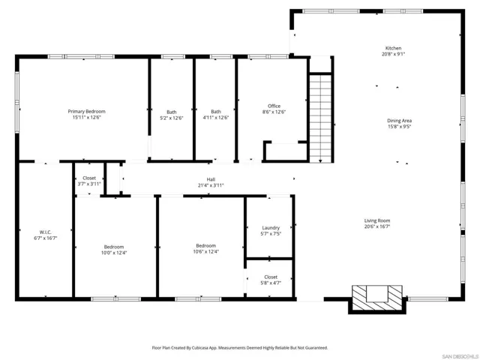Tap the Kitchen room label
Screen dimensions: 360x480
tap(393, 47)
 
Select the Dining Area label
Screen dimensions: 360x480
tap(399, 120)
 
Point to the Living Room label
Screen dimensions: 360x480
tap(377, 220)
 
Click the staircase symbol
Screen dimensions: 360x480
tap(320, 117)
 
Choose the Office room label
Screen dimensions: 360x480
tap(274, 106)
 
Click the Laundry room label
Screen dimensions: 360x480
tap(271, 228)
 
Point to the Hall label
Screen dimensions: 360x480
tap(211, 179)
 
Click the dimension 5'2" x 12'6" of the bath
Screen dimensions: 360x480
tap(172, 118)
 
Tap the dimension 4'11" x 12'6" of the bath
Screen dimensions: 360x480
tap(216, 118)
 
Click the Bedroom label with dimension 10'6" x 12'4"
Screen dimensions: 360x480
tap(206, 246)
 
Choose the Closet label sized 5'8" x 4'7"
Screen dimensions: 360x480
tap(271, 283)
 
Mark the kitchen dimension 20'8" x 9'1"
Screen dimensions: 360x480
tap(393, 54)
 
